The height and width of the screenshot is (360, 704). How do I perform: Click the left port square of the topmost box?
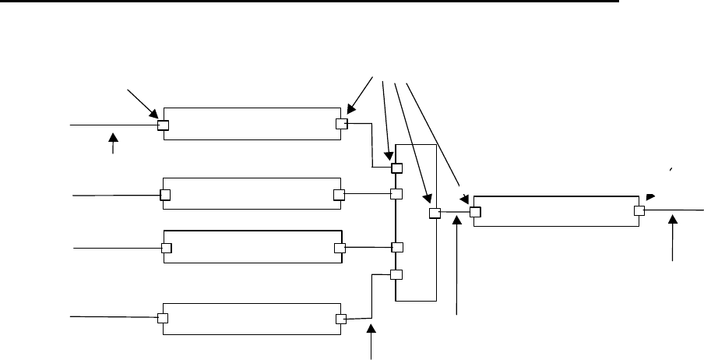[x=164, y=125]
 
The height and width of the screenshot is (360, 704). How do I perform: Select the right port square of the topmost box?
[x=340, y=124]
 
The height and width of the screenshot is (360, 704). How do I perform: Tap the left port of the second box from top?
[x=165, y=195]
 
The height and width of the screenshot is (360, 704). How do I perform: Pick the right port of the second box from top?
[x=338, y=195]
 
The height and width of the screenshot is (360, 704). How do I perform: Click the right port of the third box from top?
[x=339, y=248]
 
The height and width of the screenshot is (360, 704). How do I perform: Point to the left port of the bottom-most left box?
[x=163, y=318]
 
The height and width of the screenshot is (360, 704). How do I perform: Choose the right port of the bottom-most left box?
[x=340, y=318]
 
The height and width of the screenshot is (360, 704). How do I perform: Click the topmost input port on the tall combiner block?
[x=396, y=168]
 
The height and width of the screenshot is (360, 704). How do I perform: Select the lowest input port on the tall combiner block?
[x=396, y=274]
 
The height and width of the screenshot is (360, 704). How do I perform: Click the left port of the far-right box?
[x=475, y=210]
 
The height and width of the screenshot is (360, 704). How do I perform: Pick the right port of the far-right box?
[x=639, y=210]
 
